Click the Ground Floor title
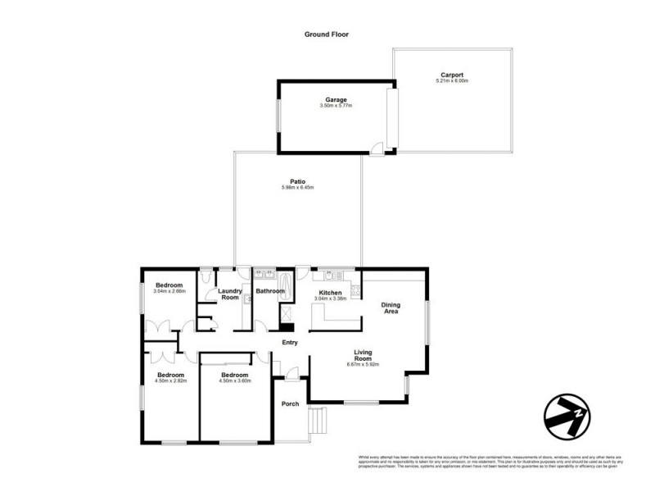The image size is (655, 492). [x=327, y=34]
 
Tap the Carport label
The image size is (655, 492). [x=452, y=75]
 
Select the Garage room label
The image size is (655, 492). [x=336, y=100]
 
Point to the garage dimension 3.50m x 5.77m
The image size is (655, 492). [x=336, y=107]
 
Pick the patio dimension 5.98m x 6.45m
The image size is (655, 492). [x=297, y=188]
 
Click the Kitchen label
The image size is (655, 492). [x=332, y=292]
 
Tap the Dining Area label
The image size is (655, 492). [x=391, y=308]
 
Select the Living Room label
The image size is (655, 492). [x=363, y=356]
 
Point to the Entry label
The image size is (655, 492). [x=290, y=342]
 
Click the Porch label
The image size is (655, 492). [x=290, y=403]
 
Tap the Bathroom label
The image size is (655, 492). [x=270, y=291]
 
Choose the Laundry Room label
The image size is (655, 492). [x=230, y=294]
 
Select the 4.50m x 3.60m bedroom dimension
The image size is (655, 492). [x=234, y=381]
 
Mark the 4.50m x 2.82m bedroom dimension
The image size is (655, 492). [x=171, y=381]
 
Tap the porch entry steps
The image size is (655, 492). [x=316, y=422]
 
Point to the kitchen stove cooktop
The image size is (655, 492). [x=355, y=289]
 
